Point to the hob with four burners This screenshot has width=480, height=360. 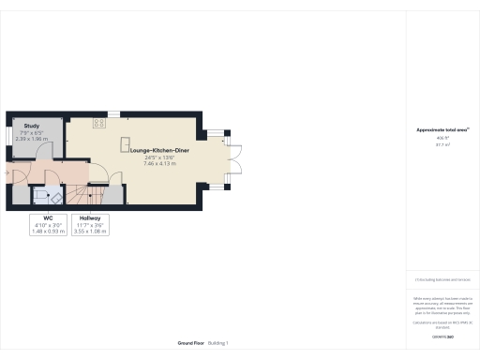[97, 123]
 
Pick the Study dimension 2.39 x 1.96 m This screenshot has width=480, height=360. [32, 138]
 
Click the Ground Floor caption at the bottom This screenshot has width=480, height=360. [190, 343]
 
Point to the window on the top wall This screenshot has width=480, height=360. [112, 114]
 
